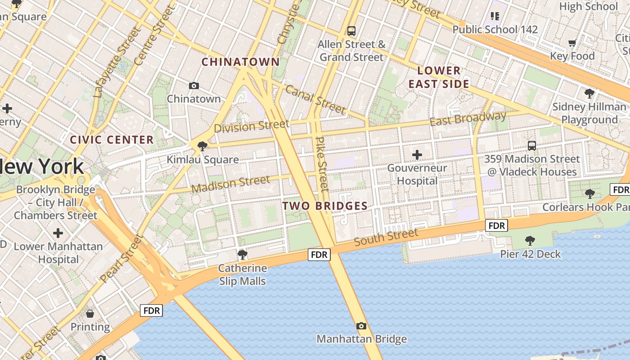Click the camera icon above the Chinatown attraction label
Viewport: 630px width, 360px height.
pyautogui.click(x=194, y=85)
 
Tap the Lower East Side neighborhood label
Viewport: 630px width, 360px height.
pyautogui.click(x=439, y=77)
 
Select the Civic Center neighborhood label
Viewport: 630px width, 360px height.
pyautogui.click(x=112, y=140)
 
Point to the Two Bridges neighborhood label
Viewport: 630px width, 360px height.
pyautogui.click(x=325, y=206)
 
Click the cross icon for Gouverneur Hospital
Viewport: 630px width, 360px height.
pyautogui.click(x=417, y=155)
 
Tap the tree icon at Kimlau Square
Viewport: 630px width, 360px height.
pyautogui.click(x=202, y=146)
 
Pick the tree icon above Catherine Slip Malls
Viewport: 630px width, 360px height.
pyautogui.click(x=242, y=255)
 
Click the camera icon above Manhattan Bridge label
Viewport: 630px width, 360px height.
pyautogui.click(x=361, y=326)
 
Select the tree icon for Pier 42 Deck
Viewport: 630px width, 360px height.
pyautogui.click(x=530, y=241)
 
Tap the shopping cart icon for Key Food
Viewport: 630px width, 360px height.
pyautogui.click(x=572, y=43)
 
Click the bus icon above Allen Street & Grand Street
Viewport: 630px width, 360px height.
pyautogui.click(x=351, y=31)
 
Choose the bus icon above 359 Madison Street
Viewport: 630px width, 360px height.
pyautogui.click(x=532, y=145)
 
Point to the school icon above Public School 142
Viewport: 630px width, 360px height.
pyautogui.click(x=495, y=17)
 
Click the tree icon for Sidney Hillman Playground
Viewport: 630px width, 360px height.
pyautogui.click(x=589, y=94)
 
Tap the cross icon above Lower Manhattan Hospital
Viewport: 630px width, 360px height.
pyautogui.click(x=58, y=233)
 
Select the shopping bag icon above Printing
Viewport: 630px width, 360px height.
pyautogui.click(x=90, y=314)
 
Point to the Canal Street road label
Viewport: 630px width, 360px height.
pyautogui.click(x=315, y=99)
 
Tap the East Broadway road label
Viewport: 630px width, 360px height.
pyautogui.click(x=468, y=119)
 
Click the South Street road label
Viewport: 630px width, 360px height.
pyautogui.click(x=386, y=237)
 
